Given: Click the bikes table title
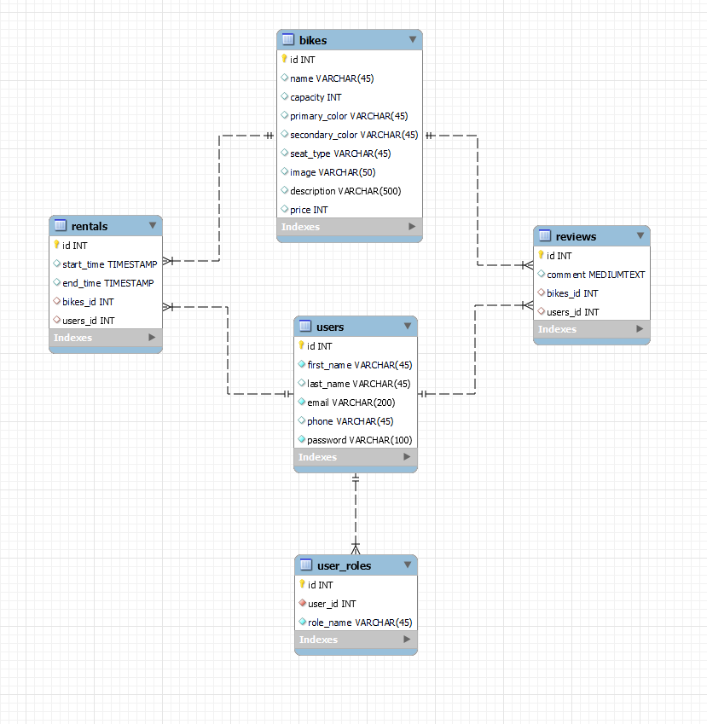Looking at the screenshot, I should click(313, 40).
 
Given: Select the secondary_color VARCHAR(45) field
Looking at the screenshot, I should click(353, 135).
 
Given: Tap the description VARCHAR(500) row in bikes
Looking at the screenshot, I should click(345, 191).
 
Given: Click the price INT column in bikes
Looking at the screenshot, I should click(309, 210).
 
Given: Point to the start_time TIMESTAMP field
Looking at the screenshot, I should click(109, 264).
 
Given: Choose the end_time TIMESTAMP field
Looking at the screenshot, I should click(107, 283).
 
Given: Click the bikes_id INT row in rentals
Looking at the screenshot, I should click(88, 302).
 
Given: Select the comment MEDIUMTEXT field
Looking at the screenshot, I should click(595, 275).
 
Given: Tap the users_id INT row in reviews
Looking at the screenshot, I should click(572, 312).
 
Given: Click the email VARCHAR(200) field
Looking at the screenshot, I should click(351, 403).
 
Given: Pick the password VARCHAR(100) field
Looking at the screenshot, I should click(359, 440).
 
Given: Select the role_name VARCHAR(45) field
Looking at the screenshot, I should click(359, 623).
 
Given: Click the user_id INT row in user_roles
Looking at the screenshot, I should click(331, 604).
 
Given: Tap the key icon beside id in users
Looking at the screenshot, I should click(302, 346).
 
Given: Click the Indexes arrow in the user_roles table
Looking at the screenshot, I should click(408, 640).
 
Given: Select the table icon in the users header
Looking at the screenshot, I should click(305, 327).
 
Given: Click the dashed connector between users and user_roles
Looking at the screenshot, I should click(356, 512).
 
